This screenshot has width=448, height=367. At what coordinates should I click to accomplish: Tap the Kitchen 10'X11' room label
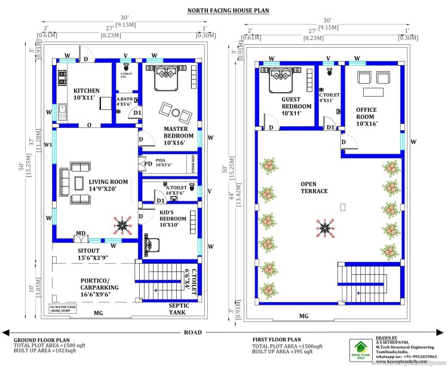point(87,94)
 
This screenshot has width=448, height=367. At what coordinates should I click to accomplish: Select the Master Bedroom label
point(175,136)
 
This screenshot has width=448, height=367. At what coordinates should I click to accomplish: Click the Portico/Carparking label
point(100,284)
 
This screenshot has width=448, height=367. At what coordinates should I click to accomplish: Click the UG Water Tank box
point(63,309)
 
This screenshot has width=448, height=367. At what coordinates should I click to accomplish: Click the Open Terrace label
point(314,187)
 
